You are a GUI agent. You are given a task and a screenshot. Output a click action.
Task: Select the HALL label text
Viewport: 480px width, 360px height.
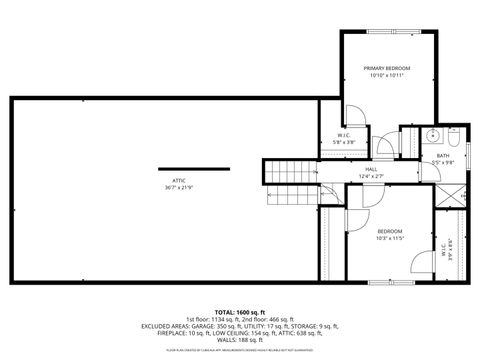(370, 170)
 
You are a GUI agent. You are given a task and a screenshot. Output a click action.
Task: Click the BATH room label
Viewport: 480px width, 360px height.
(442, 155)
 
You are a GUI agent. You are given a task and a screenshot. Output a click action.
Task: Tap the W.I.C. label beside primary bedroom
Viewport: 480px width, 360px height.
(343, 136)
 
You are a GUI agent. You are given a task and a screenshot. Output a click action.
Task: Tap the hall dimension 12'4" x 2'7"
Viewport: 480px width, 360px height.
(370, 177)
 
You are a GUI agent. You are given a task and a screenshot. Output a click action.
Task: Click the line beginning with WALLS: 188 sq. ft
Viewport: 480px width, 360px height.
(240, 337)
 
